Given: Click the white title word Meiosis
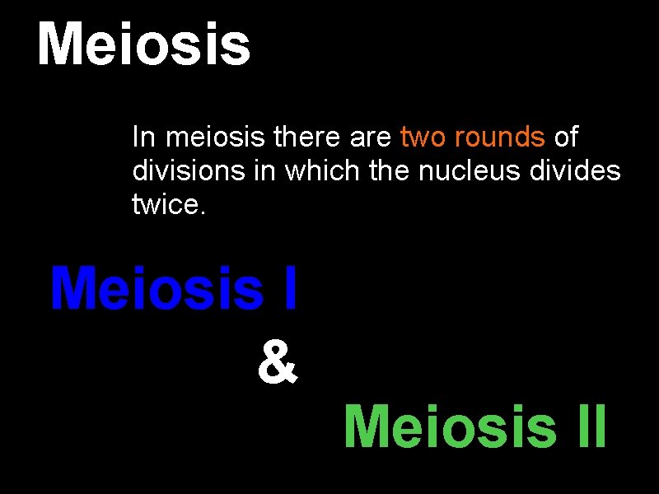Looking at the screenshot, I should point(144,45).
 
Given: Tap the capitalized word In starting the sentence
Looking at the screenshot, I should point(142,137).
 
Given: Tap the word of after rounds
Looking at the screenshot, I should point(566,137).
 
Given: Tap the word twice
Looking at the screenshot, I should point(168,203).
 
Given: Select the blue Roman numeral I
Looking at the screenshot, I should point(288,289).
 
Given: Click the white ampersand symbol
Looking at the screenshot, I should point(277,365).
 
